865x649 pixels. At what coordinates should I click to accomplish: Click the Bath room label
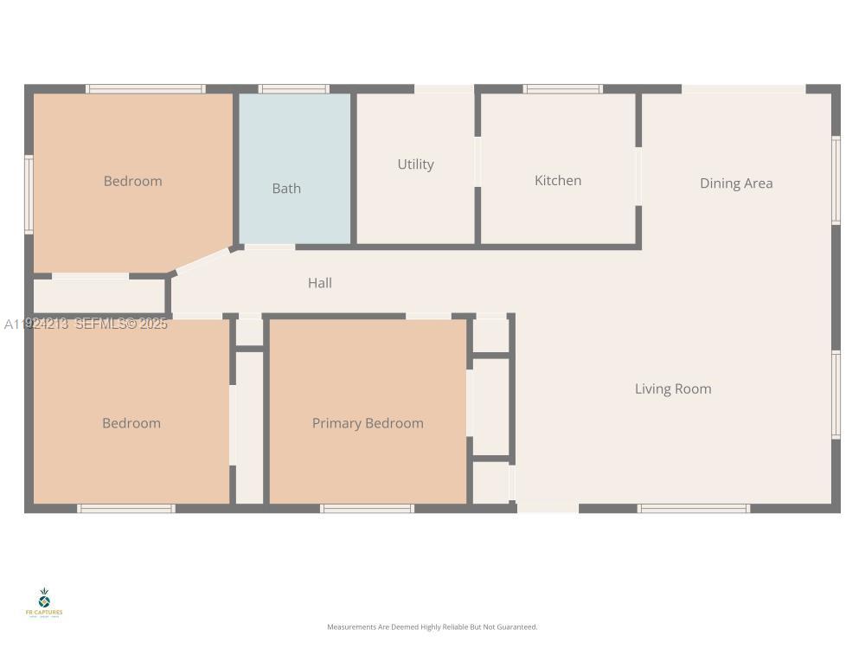[286, 189]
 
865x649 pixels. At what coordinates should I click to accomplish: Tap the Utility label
[415, 164]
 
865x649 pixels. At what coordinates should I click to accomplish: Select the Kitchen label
[558, 181]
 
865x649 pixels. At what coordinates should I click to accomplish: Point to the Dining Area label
[736, 183]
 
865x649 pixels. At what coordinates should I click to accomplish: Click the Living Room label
[673, 389]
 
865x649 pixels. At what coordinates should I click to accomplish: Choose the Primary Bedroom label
[368, 423]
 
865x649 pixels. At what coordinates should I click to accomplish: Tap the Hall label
[320, 283]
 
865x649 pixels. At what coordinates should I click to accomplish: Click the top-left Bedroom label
[132, 181]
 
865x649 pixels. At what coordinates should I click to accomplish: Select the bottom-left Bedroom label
[131, 423]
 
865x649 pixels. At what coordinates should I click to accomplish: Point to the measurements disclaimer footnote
[432, 627]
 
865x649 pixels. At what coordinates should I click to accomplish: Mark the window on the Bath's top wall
[294, 88]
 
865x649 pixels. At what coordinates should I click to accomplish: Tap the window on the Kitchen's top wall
[563, 88]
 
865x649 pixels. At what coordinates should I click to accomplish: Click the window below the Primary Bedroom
[367, 509]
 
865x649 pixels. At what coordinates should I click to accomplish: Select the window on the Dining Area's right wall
[836, 180]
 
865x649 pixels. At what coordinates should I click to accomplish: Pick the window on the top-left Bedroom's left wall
[29, 195]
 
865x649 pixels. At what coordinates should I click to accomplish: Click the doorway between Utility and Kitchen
[477, 162]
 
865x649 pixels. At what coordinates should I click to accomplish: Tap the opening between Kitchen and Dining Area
[638, 177]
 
